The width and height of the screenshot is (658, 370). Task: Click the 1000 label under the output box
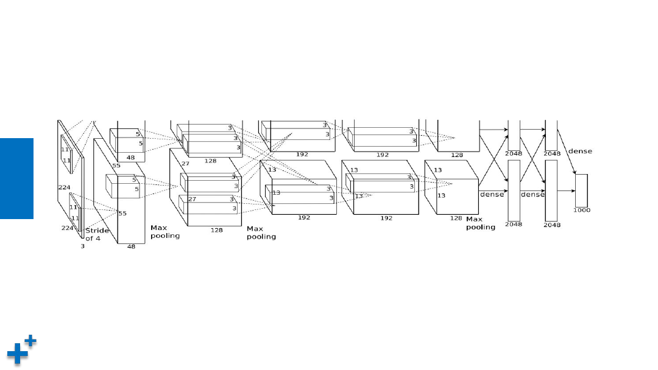click(x=582, y=210)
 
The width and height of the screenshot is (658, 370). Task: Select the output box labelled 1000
click(x=582, y=190)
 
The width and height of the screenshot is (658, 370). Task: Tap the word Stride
click(x=97, y=231)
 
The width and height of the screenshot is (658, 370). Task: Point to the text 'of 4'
click(x=93, y=239)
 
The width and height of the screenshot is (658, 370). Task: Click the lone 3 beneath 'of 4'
click(x=83, y=246)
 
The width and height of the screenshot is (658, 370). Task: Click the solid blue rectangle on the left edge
click(x=17, y=178)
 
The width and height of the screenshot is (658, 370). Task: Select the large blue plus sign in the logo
click(x=17, y=354)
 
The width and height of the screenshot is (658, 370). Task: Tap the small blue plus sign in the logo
click(x=30, y=341)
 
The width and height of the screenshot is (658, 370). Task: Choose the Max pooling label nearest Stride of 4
click(x=165, y=232)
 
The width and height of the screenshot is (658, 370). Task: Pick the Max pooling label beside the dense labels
click(x=481, y=223)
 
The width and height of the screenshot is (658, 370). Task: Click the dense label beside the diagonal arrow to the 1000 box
click(x=580, y=151)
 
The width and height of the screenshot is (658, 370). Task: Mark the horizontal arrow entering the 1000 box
click(x=567, y=190)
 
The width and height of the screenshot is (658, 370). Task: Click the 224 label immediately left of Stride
click(x=67, y=228)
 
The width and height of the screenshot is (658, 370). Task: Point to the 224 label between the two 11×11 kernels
click(x=64, y=187)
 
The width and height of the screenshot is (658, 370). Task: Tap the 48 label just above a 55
click(x=130, y=158)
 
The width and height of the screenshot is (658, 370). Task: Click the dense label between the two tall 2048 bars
click(x=532, y=194)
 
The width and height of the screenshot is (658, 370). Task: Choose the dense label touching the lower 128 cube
click(x=492, y=194)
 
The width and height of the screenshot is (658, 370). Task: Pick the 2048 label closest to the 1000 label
click(x=552, y=225)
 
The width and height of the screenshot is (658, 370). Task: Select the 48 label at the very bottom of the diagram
click(x=131, y=246)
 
